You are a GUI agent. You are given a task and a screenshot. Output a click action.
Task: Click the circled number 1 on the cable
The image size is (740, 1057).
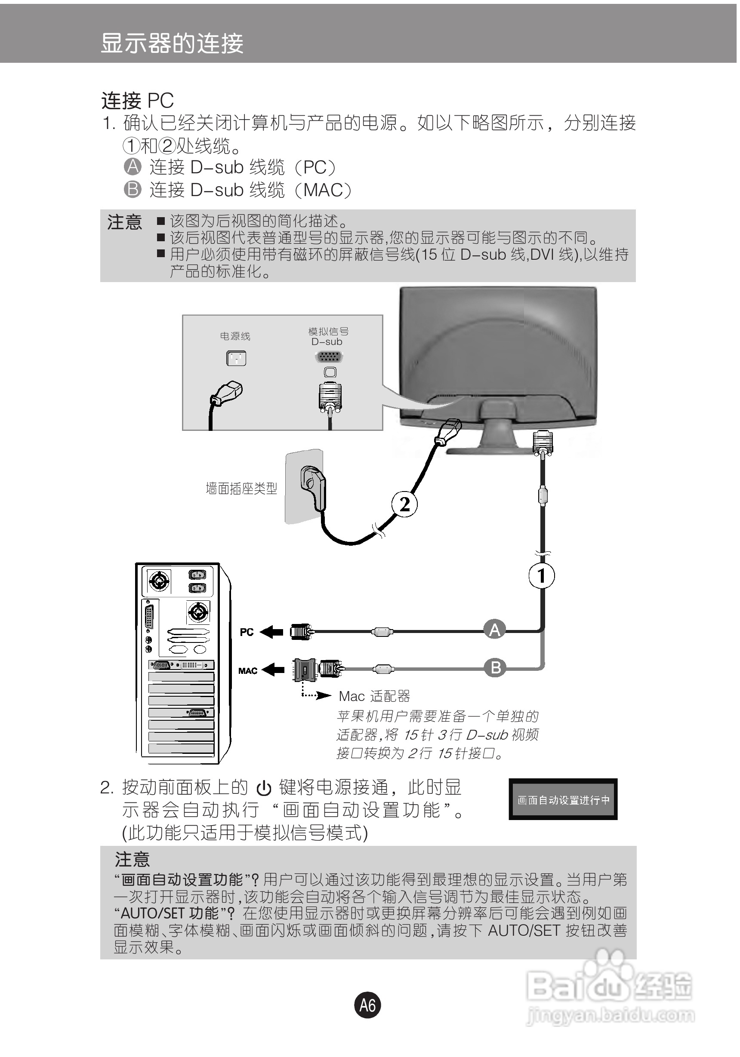pos(542,576)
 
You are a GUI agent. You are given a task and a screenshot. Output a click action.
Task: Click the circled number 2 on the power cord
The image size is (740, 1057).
pos(404,504)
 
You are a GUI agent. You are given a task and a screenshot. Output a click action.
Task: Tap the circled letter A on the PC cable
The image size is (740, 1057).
pos(495,629)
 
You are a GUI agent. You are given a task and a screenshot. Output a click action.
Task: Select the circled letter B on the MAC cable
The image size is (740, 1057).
pos(496,667)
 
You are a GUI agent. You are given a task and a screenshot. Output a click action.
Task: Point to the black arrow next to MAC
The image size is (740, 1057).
pos(273,670)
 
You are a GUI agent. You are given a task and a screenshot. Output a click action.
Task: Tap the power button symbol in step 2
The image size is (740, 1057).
pos(263,789)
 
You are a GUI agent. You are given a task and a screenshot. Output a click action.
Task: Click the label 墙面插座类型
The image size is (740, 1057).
pos(241,489)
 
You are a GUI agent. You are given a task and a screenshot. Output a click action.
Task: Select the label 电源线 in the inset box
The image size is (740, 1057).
pos(235,336)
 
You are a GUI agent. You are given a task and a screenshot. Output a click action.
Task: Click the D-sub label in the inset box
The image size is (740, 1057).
pos(327,341)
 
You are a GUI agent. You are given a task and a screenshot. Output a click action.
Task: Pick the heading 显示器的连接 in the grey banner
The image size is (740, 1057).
pos(172,43)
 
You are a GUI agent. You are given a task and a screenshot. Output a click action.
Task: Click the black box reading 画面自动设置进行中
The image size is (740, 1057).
pos(563,800)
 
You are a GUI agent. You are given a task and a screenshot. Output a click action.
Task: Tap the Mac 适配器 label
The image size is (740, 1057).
pos(374,696)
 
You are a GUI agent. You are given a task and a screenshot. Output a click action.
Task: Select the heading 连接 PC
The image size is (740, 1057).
pos(137,100)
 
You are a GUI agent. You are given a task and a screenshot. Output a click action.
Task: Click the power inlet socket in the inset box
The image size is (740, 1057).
pos(236,358)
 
